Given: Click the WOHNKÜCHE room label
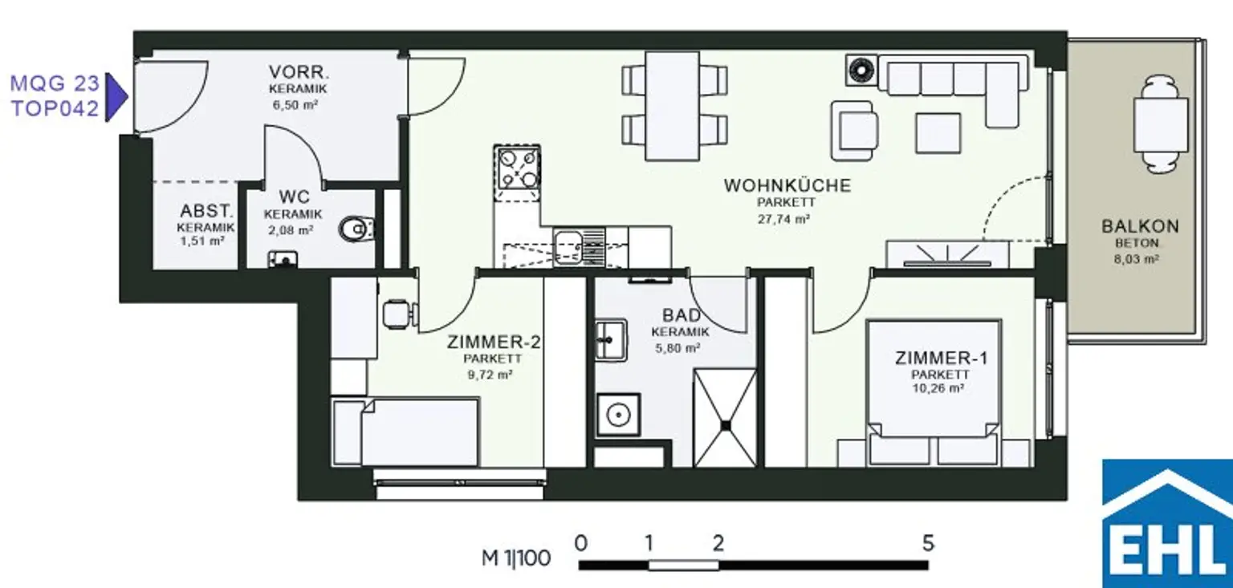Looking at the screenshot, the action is [787, 185].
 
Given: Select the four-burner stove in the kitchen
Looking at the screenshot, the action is [517, 168].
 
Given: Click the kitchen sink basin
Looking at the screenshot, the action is [568, 248].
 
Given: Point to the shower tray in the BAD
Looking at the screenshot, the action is [725, 419].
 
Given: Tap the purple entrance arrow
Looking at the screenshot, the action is [116, 97].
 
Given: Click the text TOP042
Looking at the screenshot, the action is [55, 109].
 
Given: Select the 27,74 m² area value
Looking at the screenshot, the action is [783, 219].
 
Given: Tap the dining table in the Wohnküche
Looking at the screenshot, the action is [672, 106].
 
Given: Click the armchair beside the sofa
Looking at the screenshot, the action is [855, 131].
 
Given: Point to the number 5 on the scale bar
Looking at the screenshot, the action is [928, 543].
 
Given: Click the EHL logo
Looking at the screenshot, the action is [1167, 523].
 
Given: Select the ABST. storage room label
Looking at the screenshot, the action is [206, 211].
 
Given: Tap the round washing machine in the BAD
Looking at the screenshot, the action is [619, 414].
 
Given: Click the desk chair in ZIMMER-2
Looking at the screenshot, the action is [399, 314].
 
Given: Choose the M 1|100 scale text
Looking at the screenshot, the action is [516, 558].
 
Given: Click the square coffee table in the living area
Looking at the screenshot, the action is [938, 132].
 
